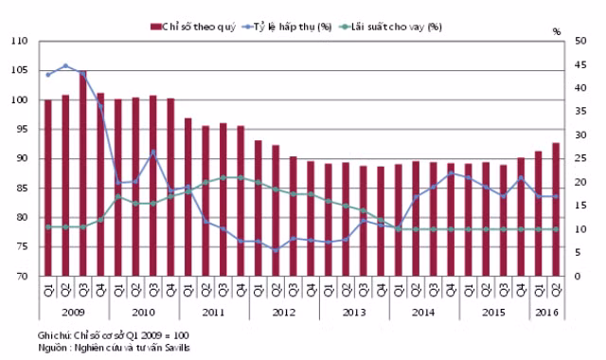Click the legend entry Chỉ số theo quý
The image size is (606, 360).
[193, 27]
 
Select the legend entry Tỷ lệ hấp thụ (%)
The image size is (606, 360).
[287, 27]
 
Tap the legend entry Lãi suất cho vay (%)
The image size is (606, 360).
[390, 27]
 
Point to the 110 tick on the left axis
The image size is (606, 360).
[20, 41]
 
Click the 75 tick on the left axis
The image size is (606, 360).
[23, 246]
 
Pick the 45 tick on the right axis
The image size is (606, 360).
[580, 64]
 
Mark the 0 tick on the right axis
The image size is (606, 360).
[577, 276]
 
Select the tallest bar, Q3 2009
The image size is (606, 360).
[83, 173]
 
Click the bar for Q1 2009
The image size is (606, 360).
[48, 188]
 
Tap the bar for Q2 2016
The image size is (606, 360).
[556, 209]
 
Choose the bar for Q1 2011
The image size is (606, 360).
[188, 197]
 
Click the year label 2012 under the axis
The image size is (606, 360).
[284, 312]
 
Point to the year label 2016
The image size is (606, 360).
[547, 312]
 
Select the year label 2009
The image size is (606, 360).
[73, 312]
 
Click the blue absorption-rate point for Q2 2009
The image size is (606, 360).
[65, 65]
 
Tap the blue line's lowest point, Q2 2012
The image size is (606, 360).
[276, 250]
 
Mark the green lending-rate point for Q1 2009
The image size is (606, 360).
[48, 227]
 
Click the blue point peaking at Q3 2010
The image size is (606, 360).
[153, 152]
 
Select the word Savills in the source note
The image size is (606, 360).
[178, 348]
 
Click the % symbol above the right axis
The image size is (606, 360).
[557, 31]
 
